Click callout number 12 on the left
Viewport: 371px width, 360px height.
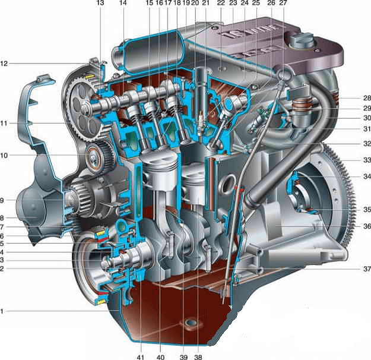[4, 64]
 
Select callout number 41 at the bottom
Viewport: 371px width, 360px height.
[140, 356]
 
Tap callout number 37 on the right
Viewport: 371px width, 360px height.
[367, 269]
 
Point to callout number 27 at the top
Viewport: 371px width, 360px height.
[283, 3]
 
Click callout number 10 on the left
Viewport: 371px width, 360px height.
[4, 156]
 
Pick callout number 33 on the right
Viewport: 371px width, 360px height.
[367, 160]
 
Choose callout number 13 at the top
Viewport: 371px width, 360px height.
[100, 3]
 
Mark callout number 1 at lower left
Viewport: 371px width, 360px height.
[2, 311]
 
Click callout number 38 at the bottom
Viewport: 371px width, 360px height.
[198, 356]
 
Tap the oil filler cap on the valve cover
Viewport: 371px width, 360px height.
[302, 41]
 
